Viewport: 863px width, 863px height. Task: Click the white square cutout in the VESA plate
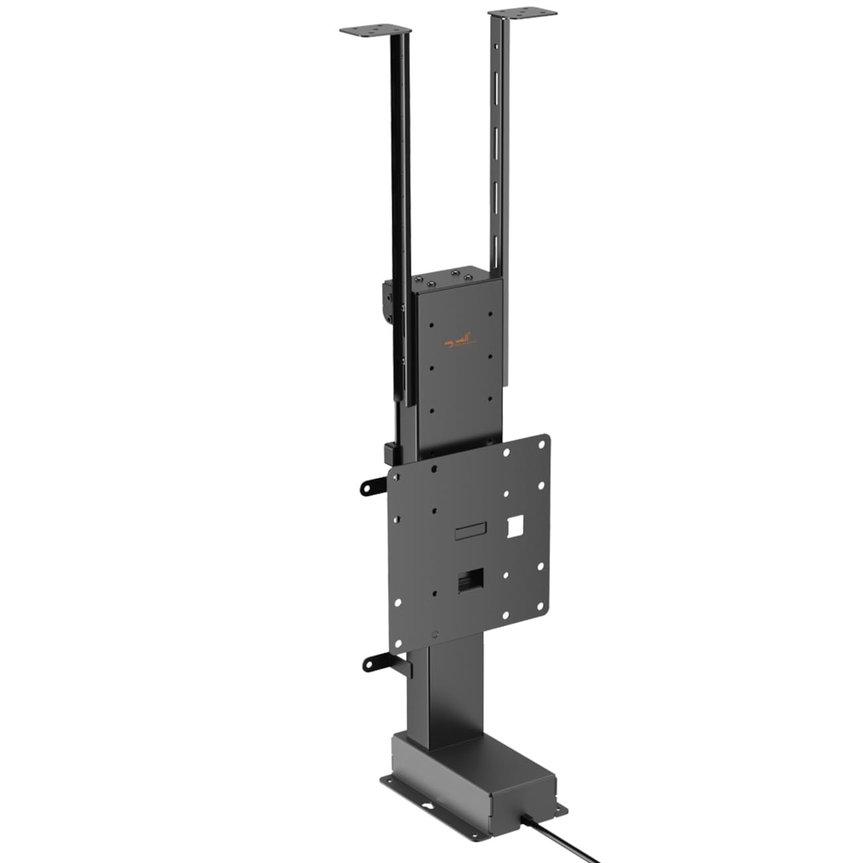[x=515, y=527]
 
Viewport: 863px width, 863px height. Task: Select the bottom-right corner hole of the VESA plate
[x=542, y=604]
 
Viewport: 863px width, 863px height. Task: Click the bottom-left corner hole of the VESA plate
[x=398, y=639]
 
